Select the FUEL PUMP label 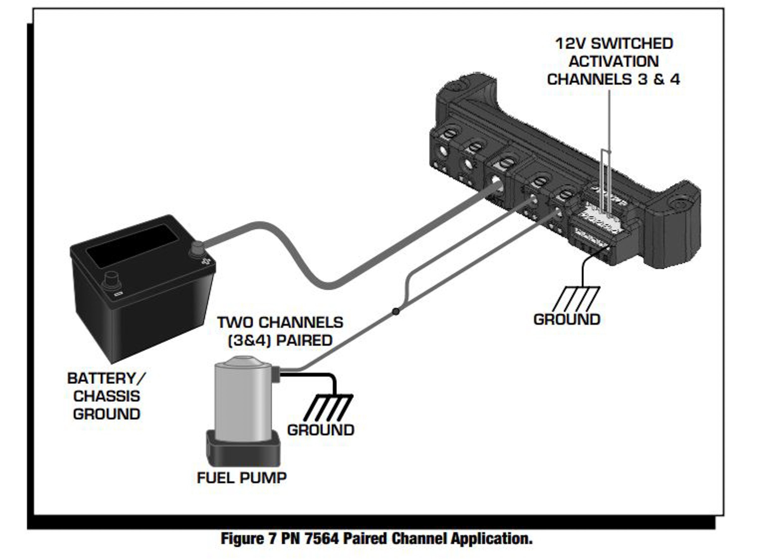(242, 478)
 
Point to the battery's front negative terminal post (111, 280)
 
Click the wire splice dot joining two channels (396, 311)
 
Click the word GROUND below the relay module (567, 319)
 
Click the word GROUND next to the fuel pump (320, 430)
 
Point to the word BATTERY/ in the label (106, 378)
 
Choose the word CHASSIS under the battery (106, 396)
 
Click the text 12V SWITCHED (614, 44)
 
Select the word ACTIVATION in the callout (614, 62)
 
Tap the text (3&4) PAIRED (280, 340)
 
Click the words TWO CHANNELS (280, 322)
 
